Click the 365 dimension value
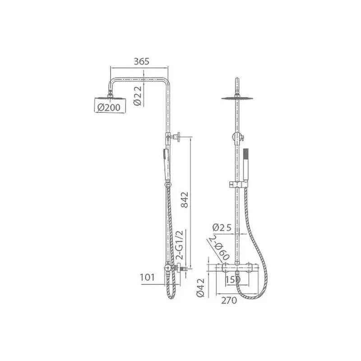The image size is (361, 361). [x=141, y=61]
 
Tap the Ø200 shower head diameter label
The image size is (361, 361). [x=109, y=107]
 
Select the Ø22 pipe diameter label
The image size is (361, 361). [x=138, y=96]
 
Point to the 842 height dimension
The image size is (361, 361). [x=185, y=199]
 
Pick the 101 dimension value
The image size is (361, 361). [x=148, y=277]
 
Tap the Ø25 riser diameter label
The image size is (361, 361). [x=222, y=227]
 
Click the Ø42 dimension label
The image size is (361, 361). [x=200, y=287]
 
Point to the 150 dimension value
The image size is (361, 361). [x=233, y=280]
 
